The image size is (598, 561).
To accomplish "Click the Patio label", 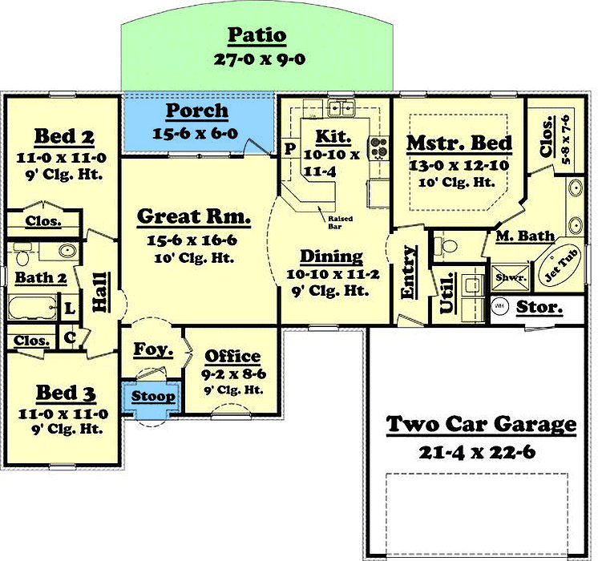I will point(257,36).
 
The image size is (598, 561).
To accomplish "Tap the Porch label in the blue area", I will point(196,111).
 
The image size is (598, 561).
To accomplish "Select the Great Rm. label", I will point(193,216).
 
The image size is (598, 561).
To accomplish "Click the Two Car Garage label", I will point(481,424).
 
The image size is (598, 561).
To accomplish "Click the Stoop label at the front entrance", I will point(153,397).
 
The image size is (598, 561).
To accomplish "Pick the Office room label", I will point(232,357).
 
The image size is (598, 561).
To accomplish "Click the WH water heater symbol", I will point(499,306).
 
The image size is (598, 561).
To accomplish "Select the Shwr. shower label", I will point(509,278).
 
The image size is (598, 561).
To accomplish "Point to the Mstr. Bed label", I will point(459,143).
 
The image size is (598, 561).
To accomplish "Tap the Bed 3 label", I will point(67,394).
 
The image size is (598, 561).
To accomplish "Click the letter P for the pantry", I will point(289,149).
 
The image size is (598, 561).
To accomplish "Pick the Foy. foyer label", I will point(153,349).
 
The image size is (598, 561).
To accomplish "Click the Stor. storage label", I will point(539,307).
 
